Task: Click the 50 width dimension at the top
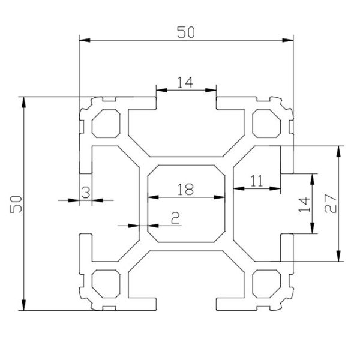186,32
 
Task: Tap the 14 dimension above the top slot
186,83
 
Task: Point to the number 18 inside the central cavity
186,190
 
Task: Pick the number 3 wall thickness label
85,193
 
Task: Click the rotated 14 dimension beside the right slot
304,203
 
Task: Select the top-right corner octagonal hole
265,122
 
